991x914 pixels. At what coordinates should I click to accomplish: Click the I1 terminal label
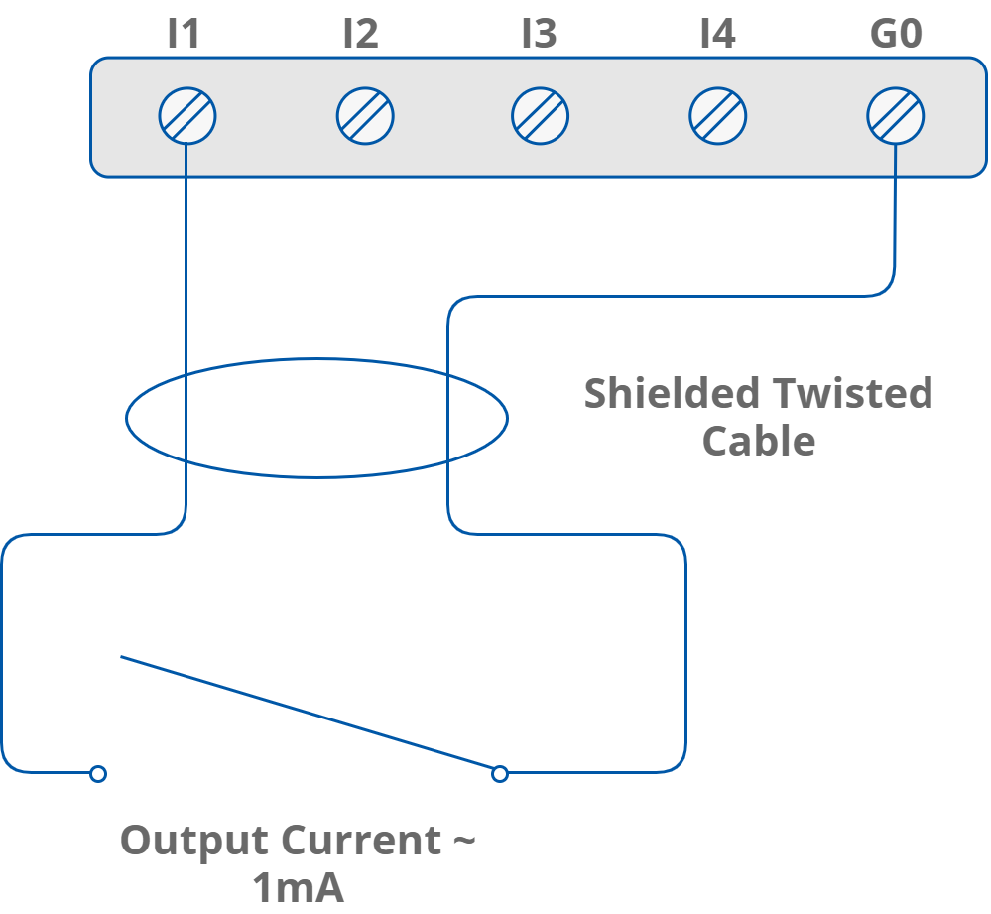coord(184,35)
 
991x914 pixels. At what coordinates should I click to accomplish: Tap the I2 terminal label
coord(361,35)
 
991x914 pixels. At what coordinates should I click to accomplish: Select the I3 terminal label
coord(540,35)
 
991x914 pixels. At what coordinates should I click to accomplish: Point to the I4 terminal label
coord(717,35)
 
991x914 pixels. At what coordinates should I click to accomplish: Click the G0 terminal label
coord(896,35)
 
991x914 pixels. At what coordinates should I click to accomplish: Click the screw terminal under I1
coord(187,116)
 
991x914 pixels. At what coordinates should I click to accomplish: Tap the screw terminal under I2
coord(365,116)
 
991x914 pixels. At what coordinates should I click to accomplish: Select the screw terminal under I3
coord(541,116)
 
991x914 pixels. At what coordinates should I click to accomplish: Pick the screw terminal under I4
coord(718,116)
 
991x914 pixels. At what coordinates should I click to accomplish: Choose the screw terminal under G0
coord(896,116)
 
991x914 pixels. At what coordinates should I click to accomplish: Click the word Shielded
coord(671,394)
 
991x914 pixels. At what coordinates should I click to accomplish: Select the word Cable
coord(759,441)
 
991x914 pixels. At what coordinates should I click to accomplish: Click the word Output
coord(194,842)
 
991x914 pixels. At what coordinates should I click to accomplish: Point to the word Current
coord(360,842)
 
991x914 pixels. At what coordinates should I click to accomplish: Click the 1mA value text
coord(298,888)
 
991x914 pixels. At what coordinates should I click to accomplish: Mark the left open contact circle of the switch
coord(98,773)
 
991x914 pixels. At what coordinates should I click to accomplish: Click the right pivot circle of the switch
coord(500,773)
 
